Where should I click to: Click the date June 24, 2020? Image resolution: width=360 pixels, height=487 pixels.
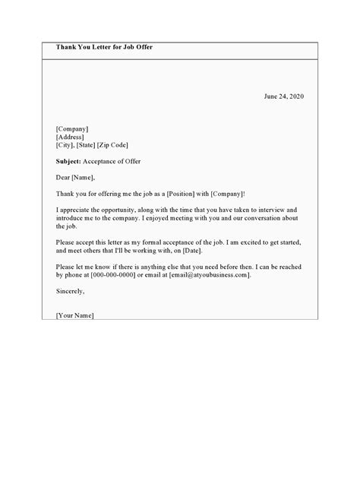(285, 97)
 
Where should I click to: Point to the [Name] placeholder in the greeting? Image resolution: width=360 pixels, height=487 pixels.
(83, 178)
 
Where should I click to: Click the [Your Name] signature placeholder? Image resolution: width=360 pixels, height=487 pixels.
(75, 315)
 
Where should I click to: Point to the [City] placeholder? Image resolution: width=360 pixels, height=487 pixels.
(67, 145)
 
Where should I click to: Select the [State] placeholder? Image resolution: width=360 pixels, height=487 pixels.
(96, 145)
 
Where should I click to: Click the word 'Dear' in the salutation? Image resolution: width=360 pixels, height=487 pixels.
(64, 178)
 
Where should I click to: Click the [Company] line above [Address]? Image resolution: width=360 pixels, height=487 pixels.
(73, 129)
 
